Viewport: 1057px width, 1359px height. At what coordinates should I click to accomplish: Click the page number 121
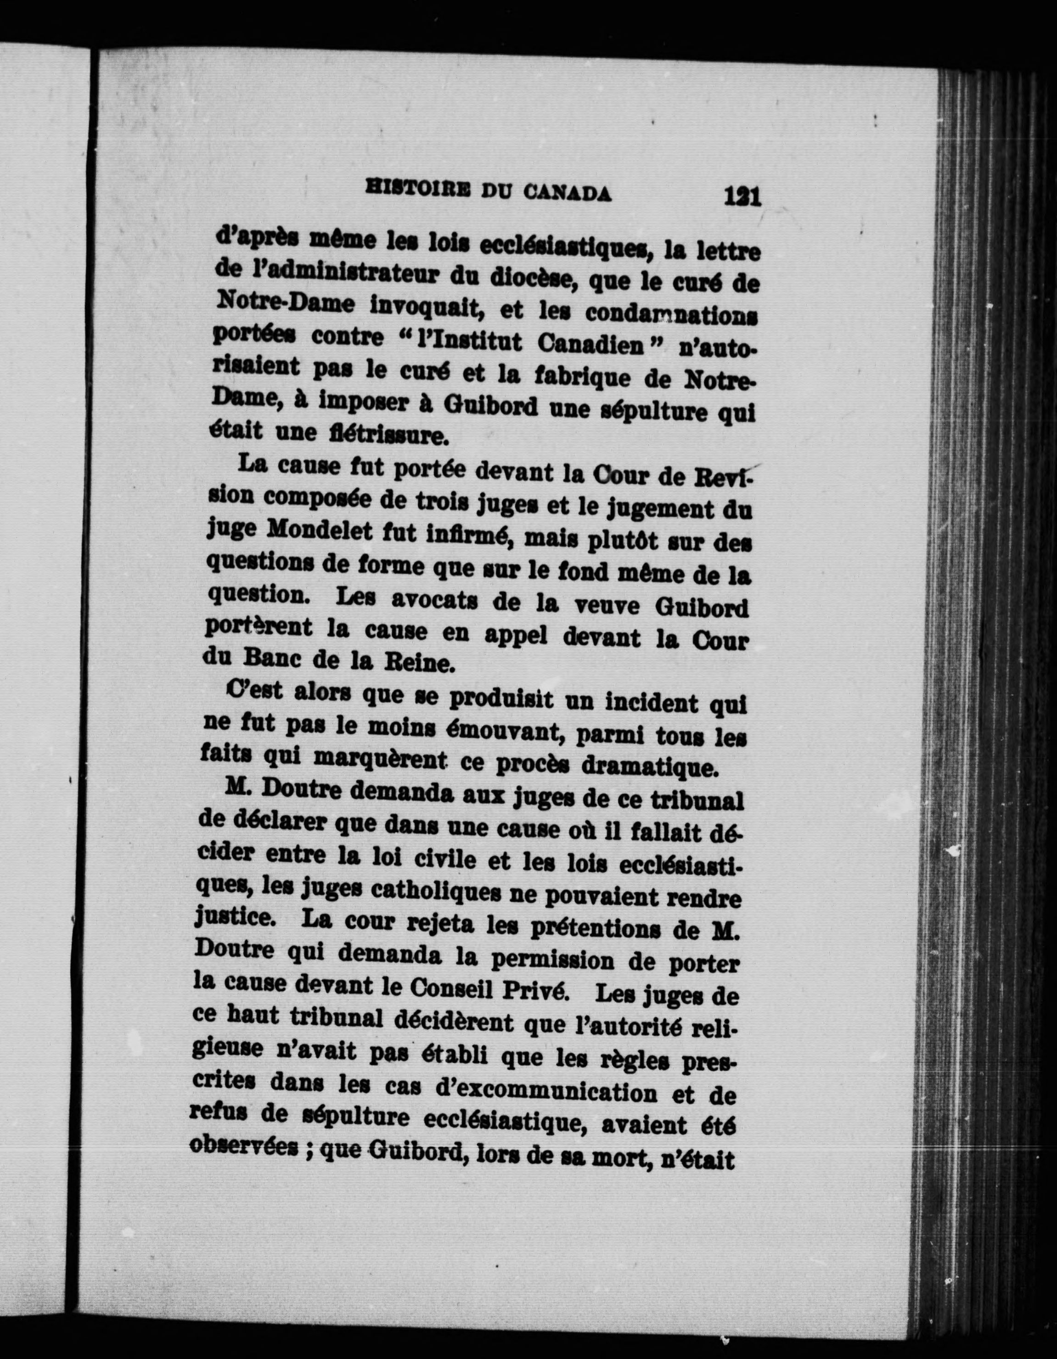(742, 197)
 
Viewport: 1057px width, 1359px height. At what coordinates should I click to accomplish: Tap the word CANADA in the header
(567, 194)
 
